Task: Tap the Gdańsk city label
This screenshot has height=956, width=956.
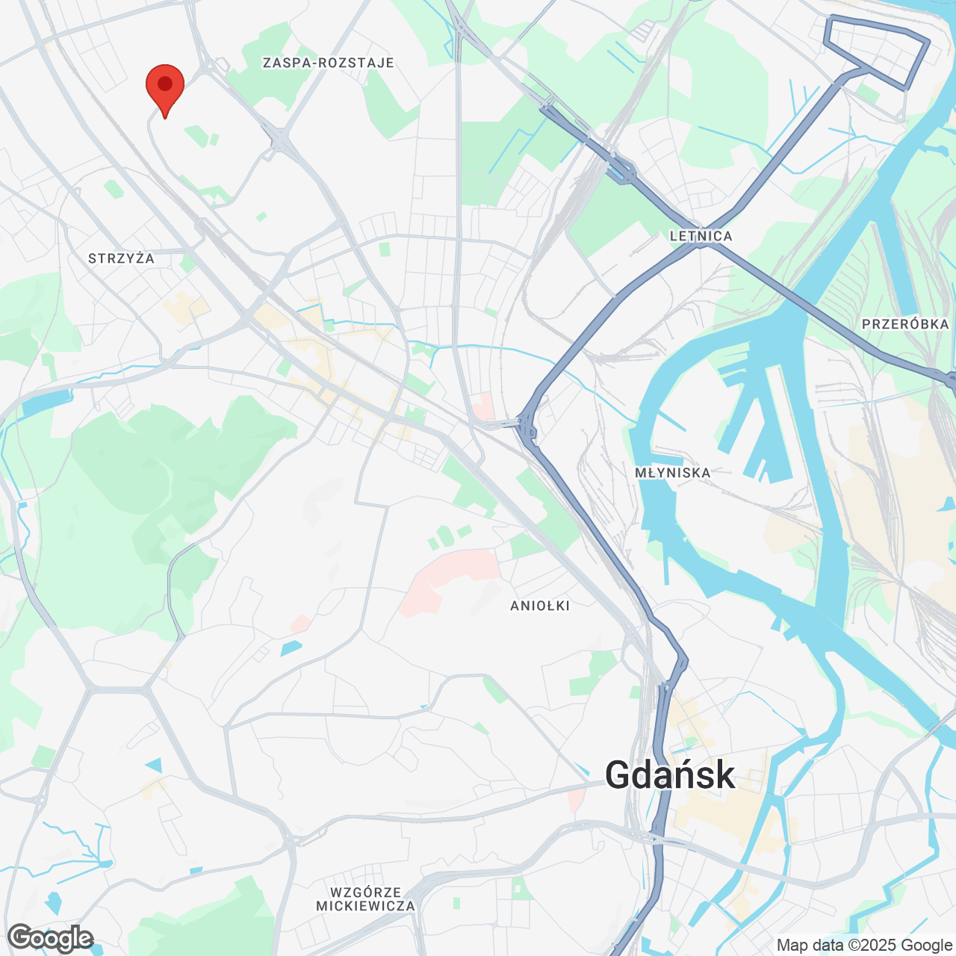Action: coord(670,775)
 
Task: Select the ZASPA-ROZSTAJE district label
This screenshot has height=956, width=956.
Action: coord(328,63)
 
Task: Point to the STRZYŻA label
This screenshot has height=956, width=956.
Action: coord(121,258)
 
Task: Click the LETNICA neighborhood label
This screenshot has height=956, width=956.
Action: coord(701,236)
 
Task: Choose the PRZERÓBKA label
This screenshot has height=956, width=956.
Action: coord(905,324)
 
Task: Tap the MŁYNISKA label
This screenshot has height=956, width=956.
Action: coord(672,473)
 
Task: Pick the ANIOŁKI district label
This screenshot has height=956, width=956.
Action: coord(540,606)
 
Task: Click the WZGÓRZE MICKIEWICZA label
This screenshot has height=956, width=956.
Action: coord(365,899)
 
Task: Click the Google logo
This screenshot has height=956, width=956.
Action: coord(51,938)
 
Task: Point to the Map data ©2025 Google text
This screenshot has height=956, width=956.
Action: coord(864,946)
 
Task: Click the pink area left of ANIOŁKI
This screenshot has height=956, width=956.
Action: coord(448,580)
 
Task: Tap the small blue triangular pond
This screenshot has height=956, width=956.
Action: coord(155,766)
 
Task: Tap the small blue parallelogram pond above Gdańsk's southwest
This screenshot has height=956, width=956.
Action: coord(291,648)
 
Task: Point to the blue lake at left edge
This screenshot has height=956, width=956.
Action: coord(37,404)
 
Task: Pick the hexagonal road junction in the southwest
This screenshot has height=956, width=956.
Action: coord(119,687)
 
